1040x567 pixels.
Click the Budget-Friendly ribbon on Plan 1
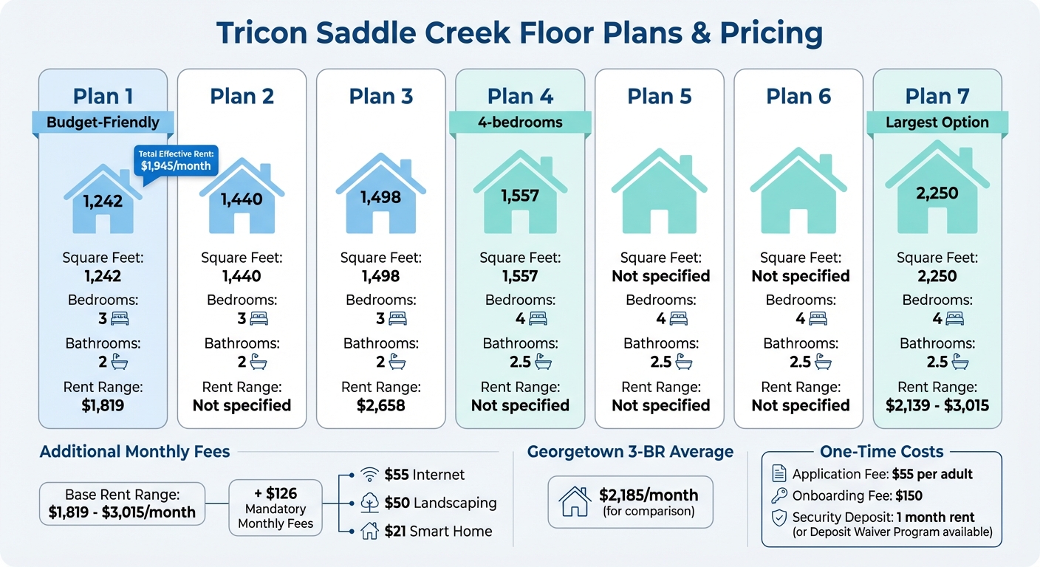coord(103,123)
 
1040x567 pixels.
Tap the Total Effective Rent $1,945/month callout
coord(176,159)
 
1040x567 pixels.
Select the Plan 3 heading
coord(380,97)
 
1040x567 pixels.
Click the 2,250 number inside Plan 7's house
coord(937,193)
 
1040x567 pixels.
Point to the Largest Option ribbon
coord(937,123)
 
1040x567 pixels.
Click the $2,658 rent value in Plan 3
coord(380,405)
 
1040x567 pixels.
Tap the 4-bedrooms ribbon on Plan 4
coord(520,123)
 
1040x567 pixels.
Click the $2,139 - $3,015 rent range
coord(937,405)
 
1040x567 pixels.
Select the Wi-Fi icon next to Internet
coord(369,475)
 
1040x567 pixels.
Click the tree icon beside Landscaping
coord(369,503)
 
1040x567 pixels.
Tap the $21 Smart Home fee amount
coord(397,531)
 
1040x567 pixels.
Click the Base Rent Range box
coord(123,504)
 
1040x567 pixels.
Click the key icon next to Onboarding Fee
coord(779,495)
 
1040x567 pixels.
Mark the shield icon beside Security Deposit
coord(779,518)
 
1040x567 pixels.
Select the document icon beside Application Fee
coord(779,474)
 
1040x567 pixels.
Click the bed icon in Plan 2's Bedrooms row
coord(259,319)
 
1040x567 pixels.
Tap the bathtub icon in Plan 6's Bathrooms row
coord(822,362)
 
